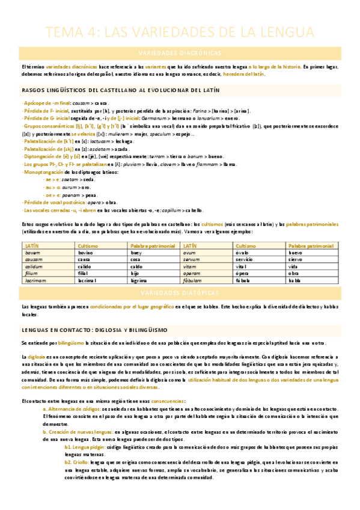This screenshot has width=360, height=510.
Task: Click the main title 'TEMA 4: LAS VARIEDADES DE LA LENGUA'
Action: (180, 31)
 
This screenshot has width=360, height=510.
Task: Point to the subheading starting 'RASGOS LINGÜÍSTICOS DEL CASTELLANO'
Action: (120, 90)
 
